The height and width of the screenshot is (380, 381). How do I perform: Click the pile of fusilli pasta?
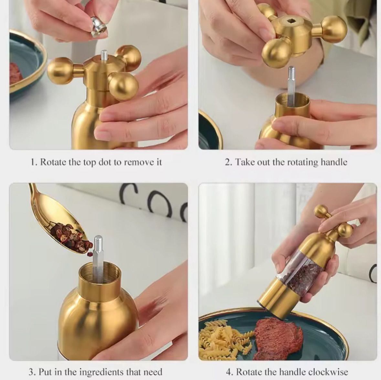[x=221, y=339]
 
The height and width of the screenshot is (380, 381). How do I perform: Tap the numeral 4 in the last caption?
[x=228, y=372]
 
